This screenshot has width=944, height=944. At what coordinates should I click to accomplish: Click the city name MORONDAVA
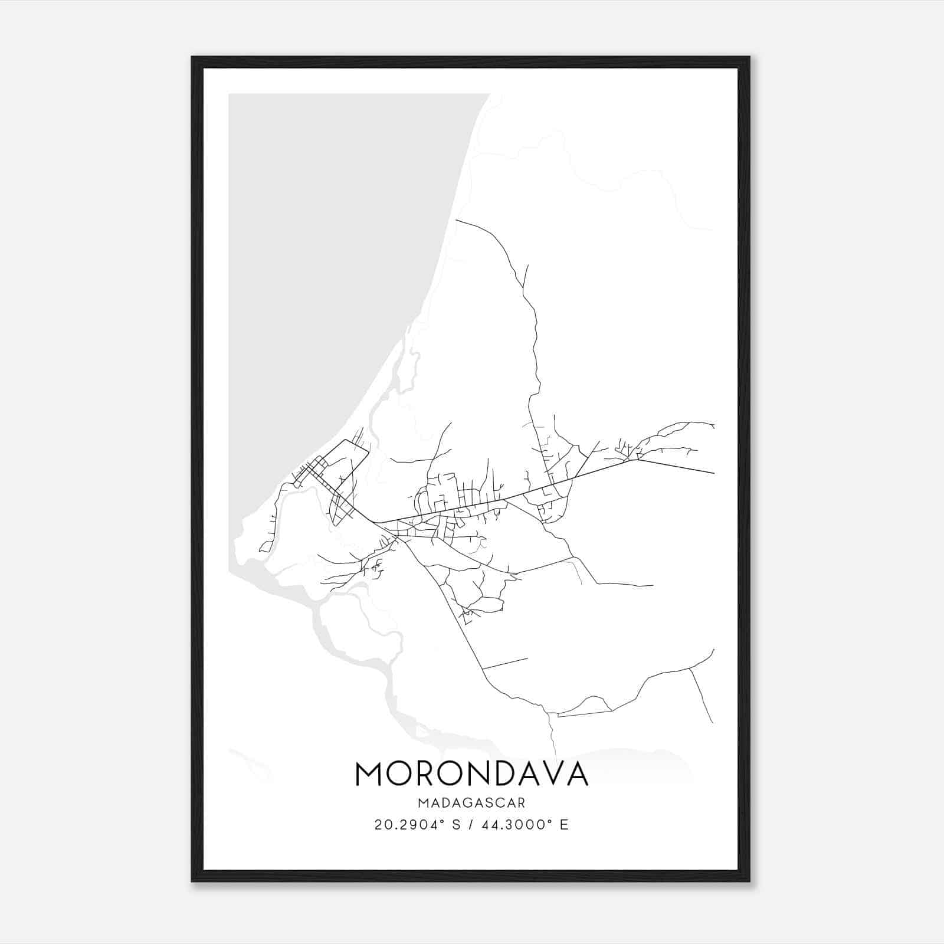point(471,773)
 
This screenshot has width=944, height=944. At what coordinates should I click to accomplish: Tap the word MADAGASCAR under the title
point(471,802)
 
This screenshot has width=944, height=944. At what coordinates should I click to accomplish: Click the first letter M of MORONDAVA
point(370,773)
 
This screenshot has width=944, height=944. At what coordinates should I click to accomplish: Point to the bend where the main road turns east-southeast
point(633,460)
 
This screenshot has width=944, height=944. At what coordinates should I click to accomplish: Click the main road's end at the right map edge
point(713,473)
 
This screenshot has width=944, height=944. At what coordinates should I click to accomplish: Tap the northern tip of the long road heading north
point(457,221)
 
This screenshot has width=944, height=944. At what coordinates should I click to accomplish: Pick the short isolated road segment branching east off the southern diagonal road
point(505,664)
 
